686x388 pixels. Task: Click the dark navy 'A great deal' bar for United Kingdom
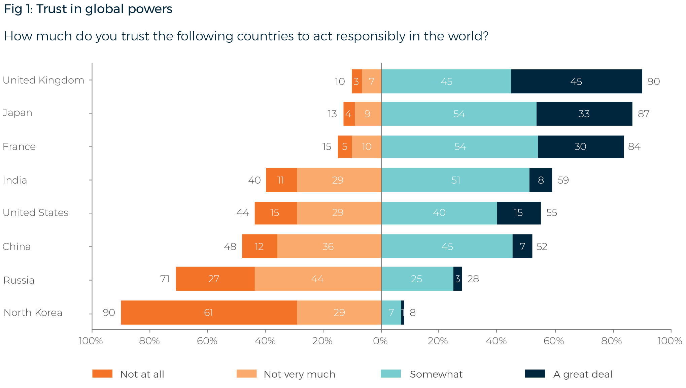(576, 82)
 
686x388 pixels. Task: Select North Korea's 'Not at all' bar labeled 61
(209, 313)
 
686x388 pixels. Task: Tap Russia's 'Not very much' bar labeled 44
(318, 279)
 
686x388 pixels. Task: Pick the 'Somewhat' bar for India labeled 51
(455, 180)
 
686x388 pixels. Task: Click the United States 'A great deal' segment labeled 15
(518, 213)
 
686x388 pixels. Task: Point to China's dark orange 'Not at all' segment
(259, 247)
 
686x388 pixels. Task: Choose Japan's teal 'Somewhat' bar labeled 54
(459, 114)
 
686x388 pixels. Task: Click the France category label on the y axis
(19, 147)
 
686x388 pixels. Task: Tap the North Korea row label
(33, 313)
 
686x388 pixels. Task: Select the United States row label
(35, 213)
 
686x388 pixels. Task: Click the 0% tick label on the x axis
(380, 341)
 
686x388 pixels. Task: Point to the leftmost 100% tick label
(91, 341)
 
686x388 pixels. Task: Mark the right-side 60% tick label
(554, 341)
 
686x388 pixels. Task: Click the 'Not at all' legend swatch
(102, 374)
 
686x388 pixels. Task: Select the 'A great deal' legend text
(583, 374)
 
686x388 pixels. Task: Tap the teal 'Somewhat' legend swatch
(390, 374)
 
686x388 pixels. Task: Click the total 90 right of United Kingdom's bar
(653, 82)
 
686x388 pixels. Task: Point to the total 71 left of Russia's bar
(165, 279)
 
